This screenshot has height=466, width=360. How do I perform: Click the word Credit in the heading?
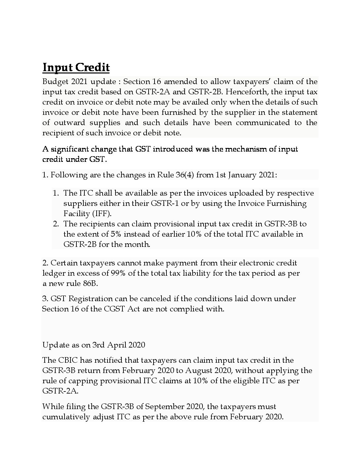click(93, 68)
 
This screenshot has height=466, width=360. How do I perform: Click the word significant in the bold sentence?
click(73, 149)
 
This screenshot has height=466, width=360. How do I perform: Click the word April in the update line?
click(117, 345)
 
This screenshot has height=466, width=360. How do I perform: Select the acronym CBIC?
click(67, 360)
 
